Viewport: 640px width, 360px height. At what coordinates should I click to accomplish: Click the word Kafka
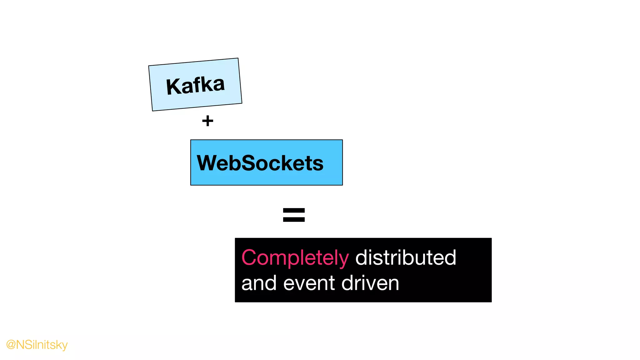(x=195, y=85)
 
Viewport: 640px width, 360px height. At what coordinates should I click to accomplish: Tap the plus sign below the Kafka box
(x=207, y=121)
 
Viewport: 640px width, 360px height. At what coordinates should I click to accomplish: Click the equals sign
(x=294, y=215)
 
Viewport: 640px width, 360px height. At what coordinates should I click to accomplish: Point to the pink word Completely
(x=295, y=258)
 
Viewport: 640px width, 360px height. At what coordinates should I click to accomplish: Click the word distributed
(x=406, y=257)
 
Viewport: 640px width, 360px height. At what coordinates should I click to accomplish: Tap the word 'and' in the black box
(x=259, y=283)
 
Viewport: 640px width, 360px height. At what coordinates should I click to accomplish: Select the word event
(x=309, y=283)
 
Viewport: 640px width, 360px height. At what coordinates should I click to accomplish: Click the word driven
(x=370, y=283)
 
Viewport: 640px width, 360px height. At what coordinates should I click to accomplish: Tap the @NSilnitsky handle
(x=37, y=345)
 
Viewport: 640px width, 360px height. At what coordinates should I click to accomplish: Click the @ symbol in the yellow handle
(x=11, y=345)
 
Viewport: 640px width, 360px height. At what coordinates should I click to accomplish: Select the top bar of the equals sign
(x=294, y=211)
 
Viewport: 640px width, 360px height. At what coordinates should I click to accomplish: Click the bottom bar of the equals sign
(x=294, y=219)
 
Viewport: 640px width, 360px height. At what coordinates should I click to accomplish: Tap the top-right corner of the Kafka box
(x=238, y=58)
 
